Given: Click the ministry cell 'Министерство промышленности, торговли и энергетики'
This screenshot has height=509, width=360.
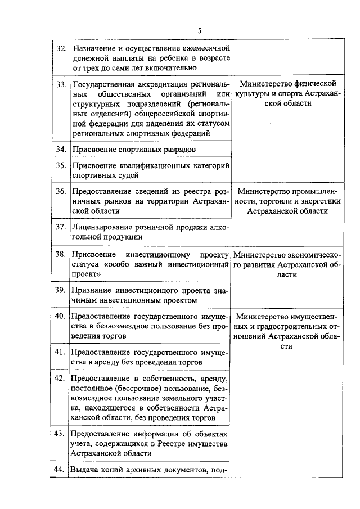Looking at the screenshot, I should (x=288, y=201).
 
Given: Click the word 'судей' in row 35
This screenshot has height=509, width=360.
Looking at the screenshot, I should (x=125, y=176).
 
